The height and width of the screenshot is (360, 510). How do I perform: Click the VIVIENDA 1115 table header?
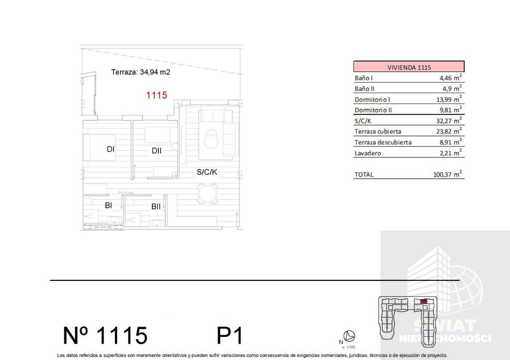[409, 67]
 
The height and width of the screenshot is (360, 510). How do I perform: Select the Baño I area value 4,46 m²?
[450, 78]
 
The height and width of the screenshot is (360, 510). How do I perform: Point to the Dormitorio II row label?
[373, 110]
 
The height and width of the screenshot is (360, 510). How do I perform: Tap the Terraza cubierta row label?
[378, 131]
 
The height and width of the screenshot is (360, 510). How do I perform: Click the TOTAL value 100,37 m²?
[448, 174]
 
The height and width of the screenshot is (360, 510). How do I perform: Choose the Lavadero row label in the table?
[368, 153]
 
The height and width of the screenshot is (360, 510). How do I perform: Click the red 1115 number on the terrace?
[156, 95]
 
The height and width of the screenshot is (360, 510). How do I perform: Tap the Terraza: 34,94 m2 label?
[140, 72]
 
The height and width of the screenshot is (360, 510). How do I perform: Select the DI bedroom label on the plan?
[111, 149]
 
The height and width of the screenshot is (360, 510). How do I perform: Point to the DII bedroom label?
[156, 150]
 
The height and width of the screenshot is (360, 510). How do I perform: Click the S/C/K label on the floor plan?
[207, 172]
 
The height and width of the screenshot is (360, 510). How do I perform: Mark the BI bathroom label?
[108, 206]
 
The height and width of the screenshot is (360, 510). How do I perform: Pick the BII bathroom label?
[156, 207]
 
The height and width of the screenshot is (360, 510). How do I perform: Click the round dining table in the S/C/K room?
[208, 194]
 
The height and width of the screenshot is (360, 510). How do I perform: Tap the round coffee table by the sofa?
[211, 139]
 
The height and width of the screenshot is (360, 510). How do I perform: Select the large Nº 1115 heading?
[105, 335]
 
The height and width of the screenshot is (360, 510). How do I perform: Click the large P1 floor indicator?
[230, 335]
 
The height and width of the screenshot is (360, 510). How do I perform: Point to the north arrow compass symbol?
[349, 336]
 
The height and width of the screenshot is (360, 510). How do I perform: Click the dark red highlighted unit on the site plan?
[423, 301]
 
